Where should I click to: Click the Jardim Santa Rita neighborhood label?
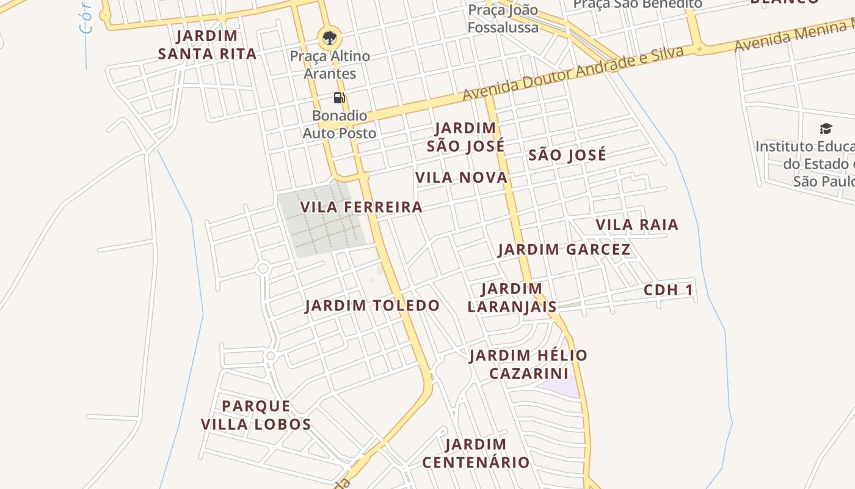pyautogui.click(x=207, y=45)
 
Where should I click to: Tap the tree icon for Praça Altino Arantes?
pyautogui.click(x=329, y=38)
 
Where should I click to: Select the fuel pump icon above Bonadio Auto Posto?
pyautogui.click(x=340, y=98)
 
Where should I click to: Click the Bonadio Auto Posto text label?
pyautogui.click(x=340, y=124)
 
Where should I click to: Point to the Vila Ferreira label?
pyautogui.click(x=362, y=207)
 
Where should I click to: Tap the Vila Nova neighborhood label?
pyautogui.click(x=461, y=178)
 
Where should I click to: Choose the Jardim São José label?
pyautogui.click(x=465, y=137)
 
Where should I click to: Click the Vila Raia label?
pyautogui.click(x=637, y=225)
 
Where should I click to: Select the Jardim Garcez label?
pyautogui.click(x=564, y=249)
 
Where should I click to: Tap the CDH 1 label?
pyautogui.click(x=669, y=290)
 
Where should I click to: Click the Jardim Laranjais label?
pyautogui.click(x=512, y=298)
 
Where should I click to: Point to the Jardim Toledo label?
pyautogui.click(x=373, y=306)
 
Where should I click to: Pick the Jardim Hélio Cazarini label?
pyautogui.click(x=528, y=364)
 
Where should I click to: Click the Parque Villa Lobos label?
pyautogui.click(x=256, y=415)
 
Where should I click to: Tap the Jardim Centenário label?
pyautogui.click(x=476, y=453)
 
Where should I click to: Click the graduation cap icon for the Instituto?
pyautogui.click(x=826, y=128)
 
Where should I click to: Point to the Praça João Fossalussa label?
pyautogui.click(x=503, y=19)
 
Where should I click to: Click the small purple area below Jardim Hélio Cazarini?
pyautogui.click(x=561, y=388)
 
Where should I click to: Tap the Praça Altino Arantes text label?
pyautogui.click(x=330, y=65)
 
